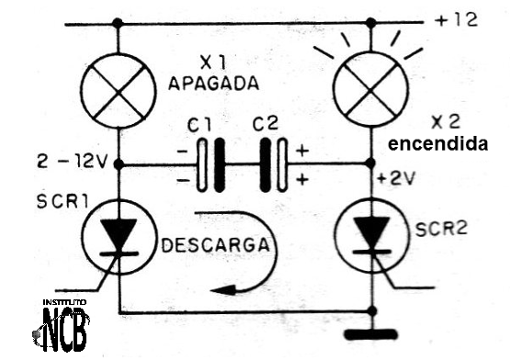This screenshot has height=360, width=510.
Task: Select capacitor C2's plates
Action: coord(273,165)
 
